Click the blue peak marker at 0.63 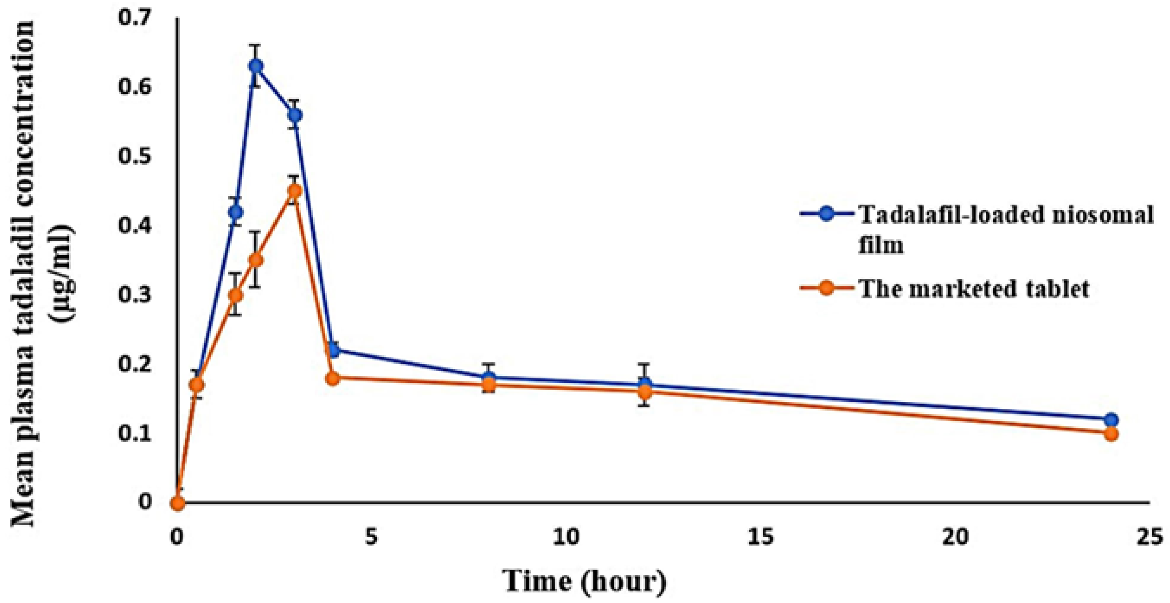256,66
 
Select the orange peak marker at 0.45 295,190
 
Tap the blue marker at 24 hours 1111,420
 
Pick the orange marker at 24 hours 1111,434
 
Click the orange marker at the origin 178,503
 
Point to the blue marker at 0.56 295,115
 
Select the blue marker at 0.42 235,212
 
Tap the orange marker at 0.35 256,260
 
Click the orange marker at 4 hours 333,378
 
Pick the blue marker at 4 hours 333,350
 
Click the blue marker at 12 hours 645,384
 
